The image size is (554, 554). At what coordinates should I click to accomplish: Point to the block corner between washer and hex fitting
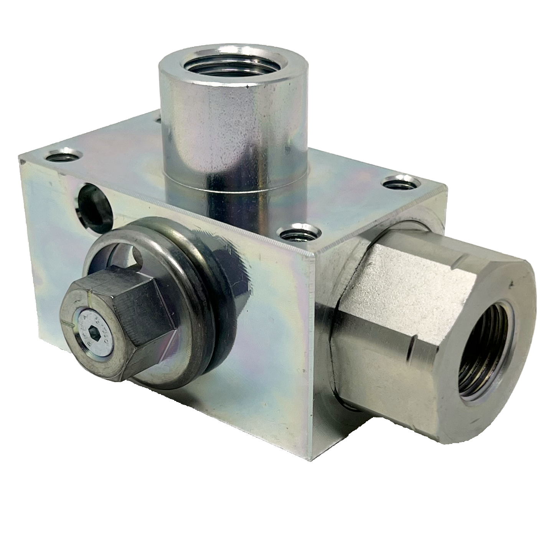pyautogui.click(x=315, y=253)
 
